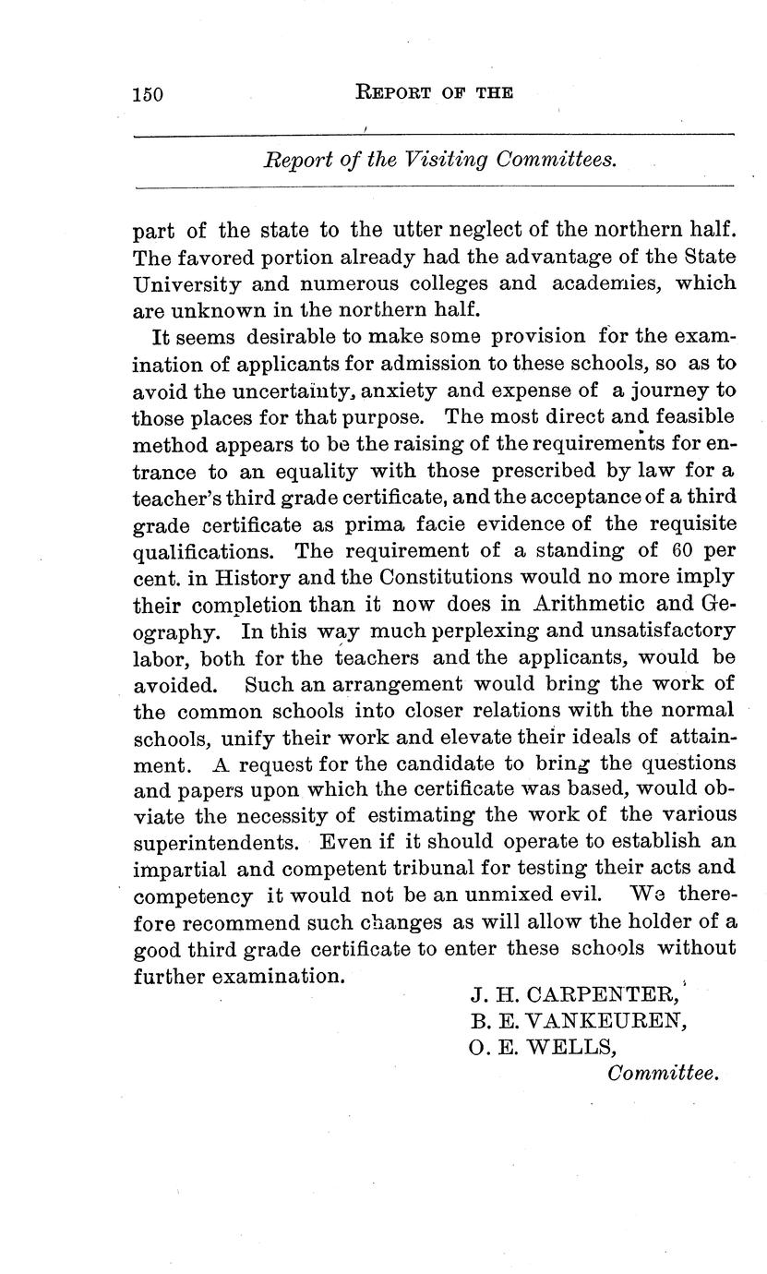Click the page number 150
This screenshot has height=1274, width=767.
148,94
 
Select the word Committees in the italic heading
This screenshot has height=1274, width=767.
556,160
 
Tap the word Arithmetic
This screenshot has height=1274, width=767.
593,605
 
